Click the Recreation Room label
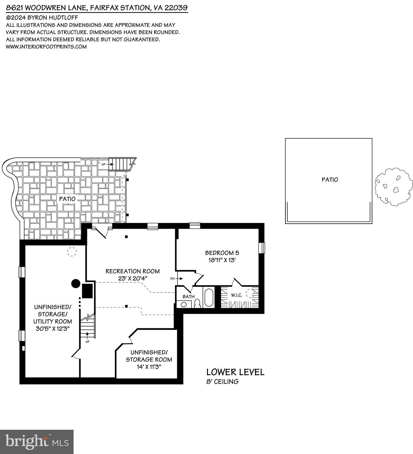point(133,271)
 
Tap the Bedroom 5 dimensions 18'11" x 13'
point(222,260)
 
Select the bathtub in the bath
point(208,297)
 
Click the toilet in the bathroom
point(197,303)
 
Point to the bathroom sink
point(184,304)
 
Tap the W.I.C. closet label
point(237,295)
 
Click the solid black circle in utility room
point(76,284)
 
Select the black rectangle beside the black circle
point(87,291)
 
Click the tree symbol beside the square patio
point(394,187)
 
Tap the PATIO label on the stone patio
point(67,199)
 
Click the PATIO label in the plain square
point(330,180)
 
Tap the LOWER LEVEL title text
point(235,372)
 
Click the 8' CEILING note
point(222,382)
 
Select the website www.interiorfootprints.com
point(46,46)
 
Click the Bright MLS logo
point(37,442)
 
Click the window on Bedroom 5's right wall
point(261,248)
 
